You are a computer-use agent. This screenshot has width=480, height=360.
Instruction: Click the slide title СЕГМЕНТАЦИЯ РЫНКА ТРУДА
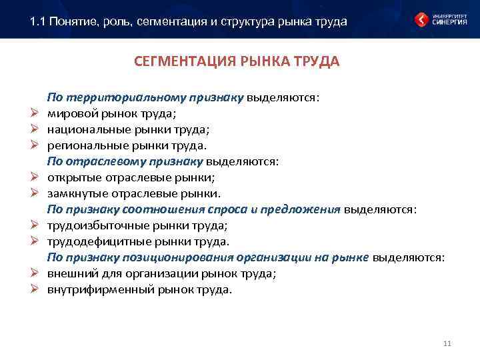coord(237,62)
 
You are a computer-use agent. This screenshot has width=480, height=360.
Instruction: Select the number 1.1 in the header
coord(39,21)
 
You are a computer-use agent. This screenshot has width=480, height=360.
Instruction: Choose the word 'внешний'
coord(69,273)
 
